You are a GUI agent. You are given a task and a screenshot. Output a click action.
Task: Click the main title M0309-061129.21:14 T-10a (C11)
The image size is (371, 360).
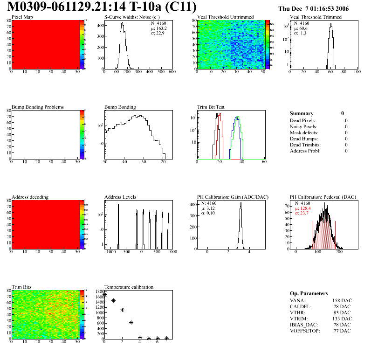pos(102,7)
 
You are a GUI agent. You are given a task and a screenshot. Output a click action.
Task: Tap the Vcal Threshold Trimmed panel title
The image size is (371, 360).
pos(316,17)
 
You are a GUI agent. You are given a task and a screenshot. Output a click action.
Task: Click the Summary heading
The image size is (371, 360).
pos(302,113)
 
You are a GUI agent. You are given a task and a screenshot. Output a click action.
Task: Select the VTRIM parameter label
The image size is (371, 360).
pos(298,318)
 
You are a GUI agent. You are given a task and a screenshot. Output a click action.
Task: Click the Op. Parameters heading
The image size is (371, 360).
pos(309,293)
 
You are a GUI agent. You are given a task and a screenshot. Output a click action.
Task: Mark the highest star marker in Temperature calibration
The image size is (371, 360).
pos(104,295)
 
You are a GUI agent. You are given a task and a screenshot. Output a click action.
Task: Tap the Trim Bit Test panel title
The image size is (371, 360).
pos(211,107)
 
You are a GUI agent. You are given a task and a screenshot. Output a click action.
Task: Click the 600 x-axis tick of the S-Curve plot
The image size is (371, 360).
pos(172,72)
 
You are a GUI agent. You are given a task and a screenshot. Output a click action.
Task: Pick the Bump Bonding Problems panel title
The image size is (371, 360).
pos(38,107)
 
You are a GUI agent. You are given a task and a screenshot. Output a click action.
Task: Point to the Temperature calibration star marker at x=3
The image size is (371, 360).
pos(131,322)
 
